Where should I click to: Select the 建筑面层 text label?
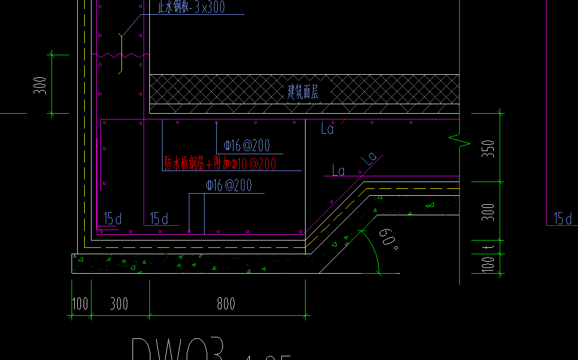[302, 92]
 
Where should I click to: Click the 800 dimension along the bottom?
[226, 304]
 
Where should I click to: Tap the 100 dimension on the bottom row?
[80, 304]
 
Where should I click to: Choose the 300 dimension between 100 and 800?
[119, 304]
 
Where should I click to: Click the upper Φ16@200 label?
[246, 146]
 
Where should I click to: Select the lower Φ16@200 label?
[229, 185]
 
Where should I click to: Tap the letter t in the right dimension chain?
[489, 246]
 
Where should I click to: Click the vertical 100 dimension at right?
[489, 264]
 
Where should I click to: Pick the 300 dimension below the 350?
[489, 212]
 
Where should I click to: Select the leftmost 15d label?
[113, 218]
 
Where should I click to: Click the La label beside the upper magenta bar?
[327, 129]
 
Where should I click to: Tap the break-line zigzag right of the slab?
[459, 141]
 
